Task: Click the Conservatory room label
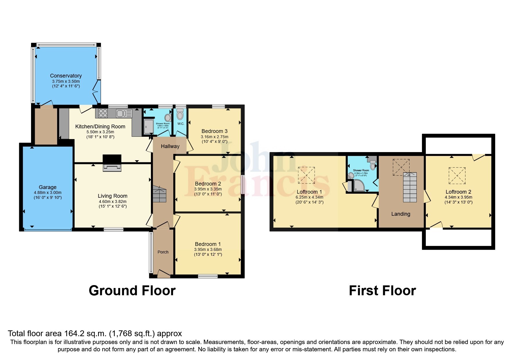pos(66,76)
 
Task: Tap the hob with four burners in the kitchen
pos(103,113)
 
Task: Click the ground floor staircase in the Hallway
pos(159,195)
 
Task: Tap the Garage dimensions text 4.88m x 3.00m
pos(48,192)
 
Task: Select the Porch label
pos(163,252)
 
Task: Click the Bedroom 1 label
pos(208,244)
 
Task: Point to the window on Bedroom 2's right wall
pos(242,184)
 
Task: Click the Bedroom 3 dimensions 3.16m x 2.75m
pos(214,137)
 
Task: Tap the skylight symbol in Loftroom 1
pos(306,175)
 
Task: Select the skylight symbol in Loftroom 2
pos(457,176)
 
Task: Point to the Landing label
pos(401,214)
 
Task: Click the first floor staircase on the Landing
pos(410,188)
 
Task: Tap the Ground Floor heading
pos(132,291)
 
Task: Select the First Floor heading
pos(382,291)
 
